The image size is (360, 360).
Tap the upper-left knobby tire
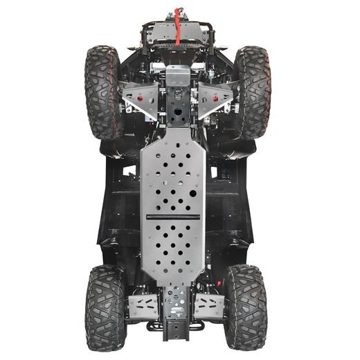[102, 90]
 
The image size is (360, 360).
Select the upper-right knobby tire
[252, 90]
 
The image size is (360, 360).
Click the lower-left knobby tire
[105, 306]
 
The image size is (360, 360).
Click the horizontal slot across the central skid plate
[173, 217]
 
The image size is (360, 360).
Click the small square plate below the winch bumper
[178, 75]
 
